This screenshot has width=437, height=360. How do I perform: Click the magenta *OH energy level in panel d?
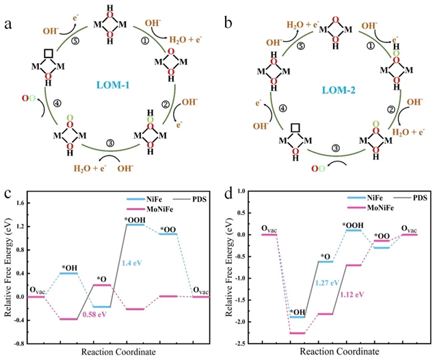click(296, 333)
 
